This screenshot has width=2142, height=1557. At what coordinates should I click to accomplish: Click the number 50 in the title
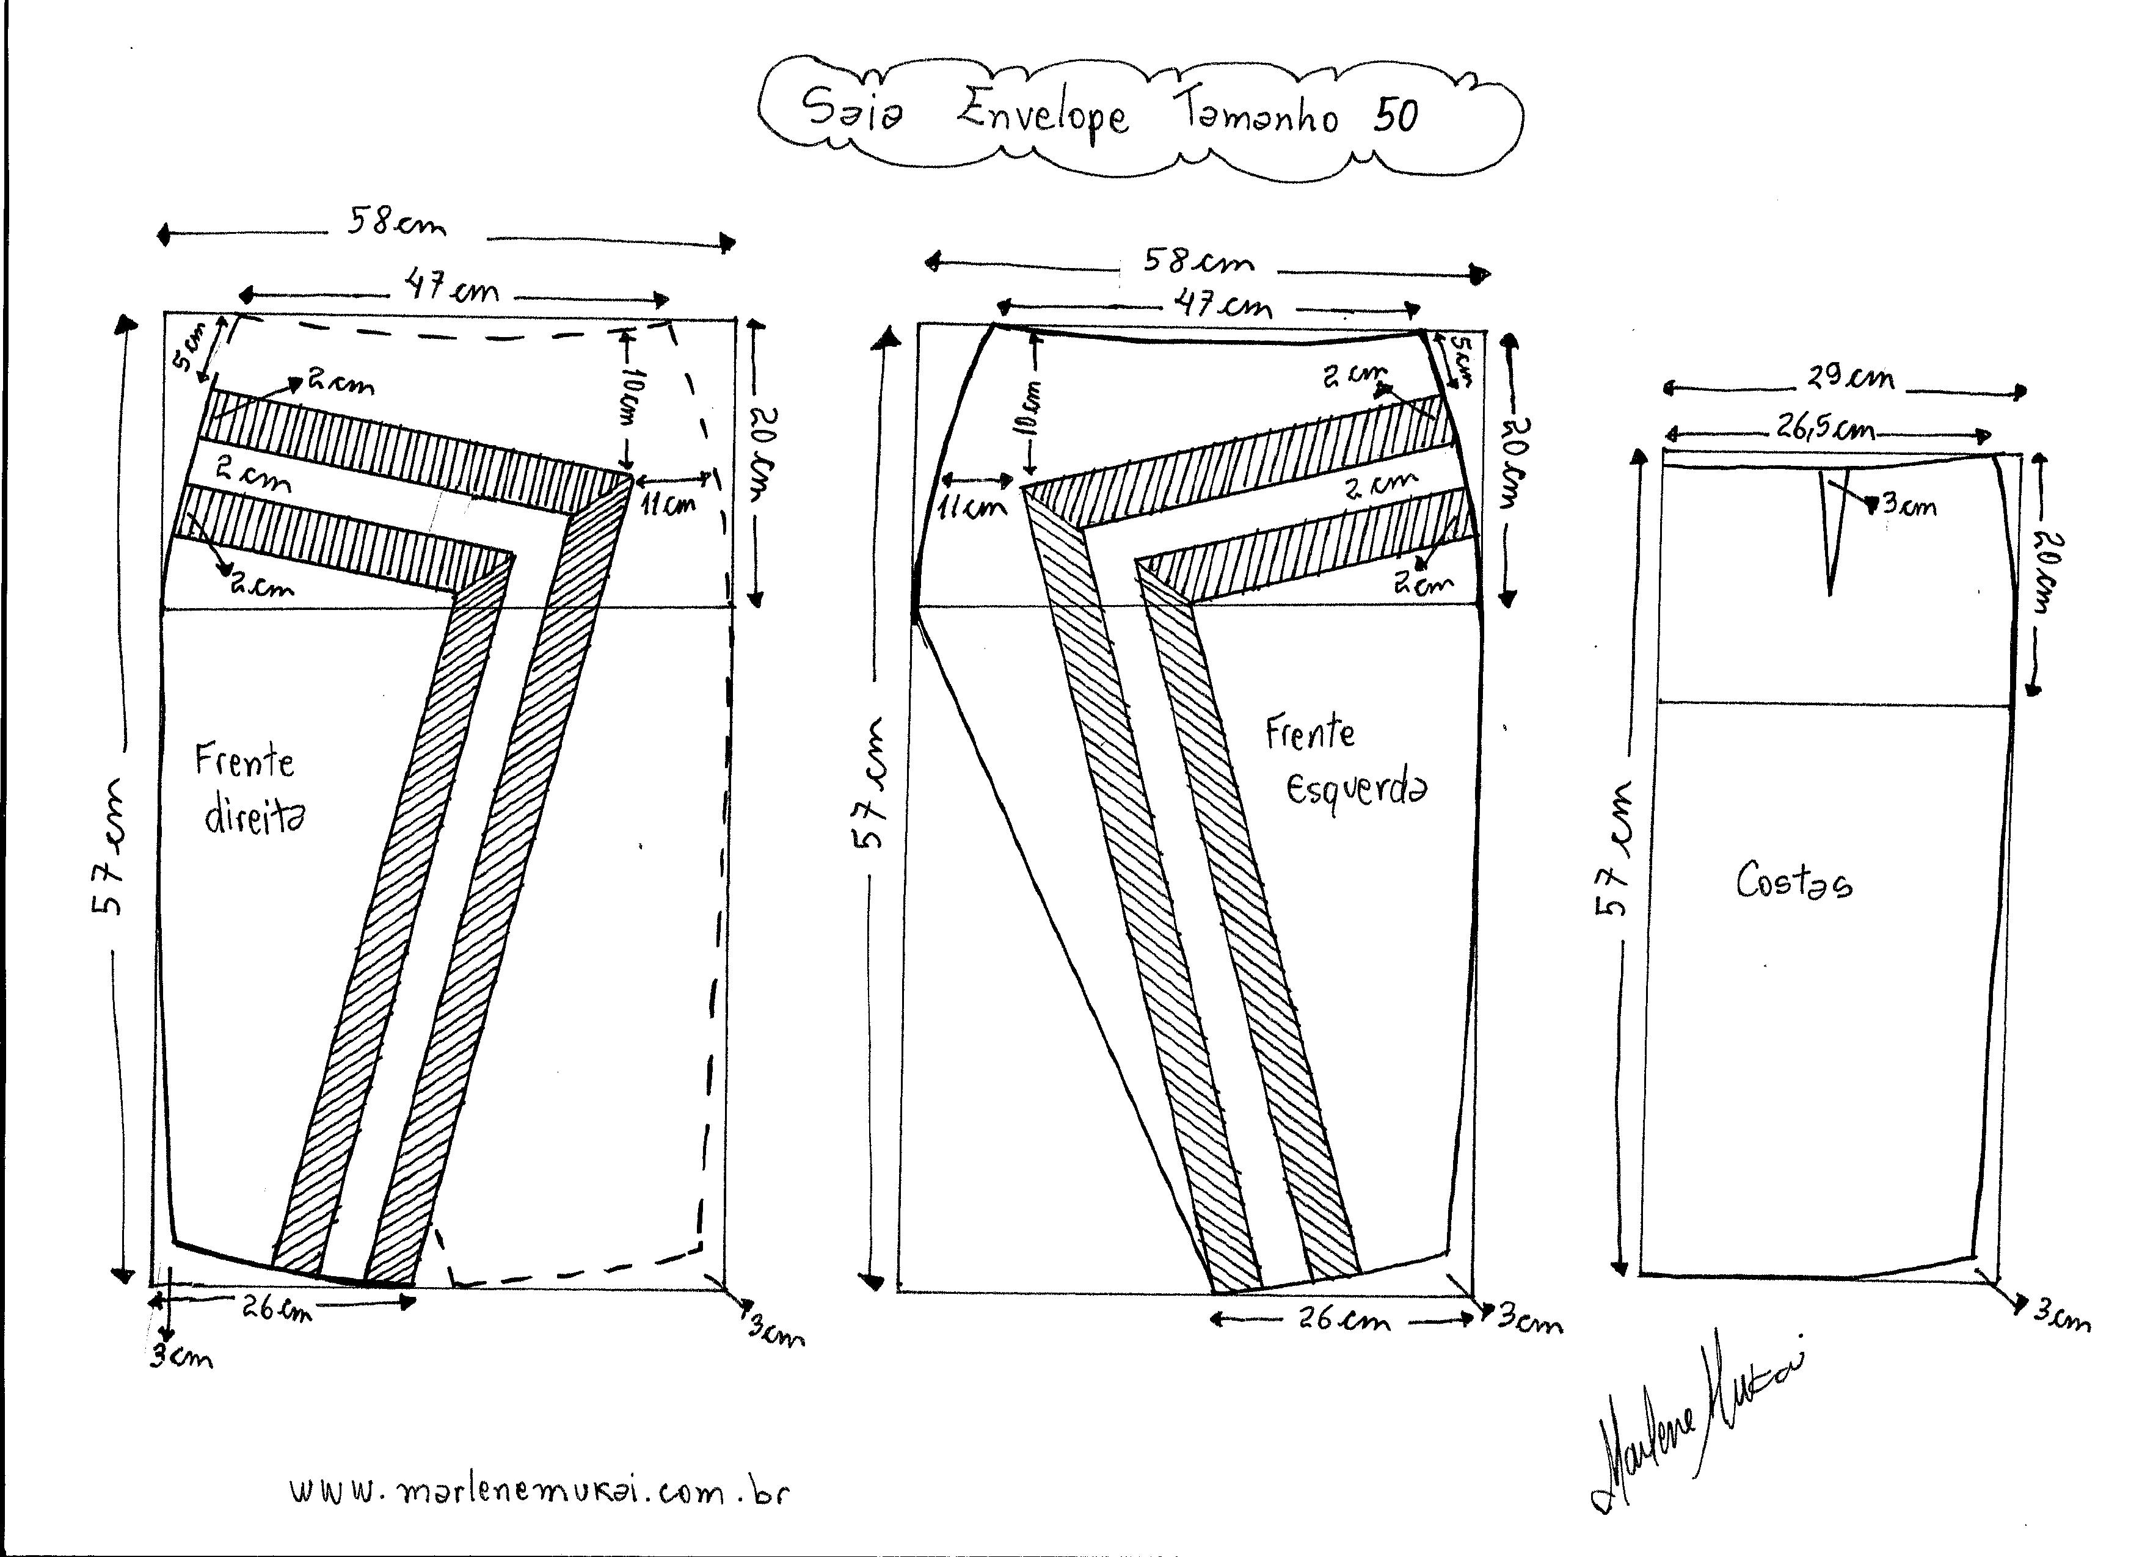pyautogui.click(x=1396, y=116)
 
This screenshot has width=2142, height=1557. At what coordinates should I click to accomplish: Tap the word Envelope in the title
pyautogui.click(x=1043, y=116)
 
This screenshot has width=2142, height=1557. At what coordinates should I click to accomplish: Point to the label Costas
pyautogui.click(x=1793, y=883)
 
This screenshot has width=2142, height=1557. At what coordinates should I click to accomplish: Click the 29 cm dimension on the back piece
pyautogui.click(x=1850, y=378)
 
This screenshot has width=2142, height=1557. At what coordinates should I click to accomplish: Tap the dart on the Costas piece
pyautogui.click(x=1831, y=529)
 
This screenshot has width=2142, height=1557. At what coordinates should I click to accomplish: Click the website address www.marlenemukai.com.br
pyautogui.click(x=539, y=1492)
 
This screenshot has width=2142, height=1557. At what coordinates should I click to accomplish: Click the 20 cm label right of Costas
pyautogui.click(x=2044, y=572)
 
